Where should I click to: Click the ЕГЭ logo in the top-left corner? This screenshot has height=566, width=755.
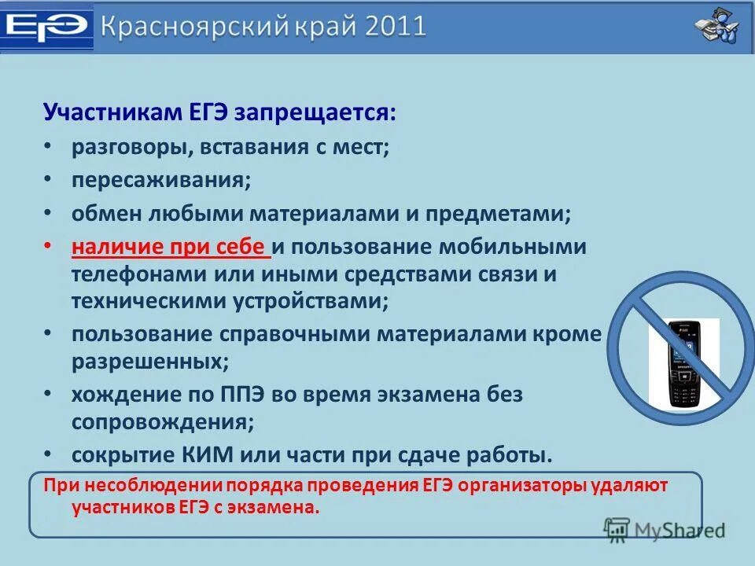click(46, 27)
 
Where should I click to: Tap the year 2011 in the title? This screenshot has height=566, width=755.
click(396, 26)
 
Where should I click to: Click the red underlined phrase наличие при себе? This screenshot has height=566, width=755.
click(169, 247)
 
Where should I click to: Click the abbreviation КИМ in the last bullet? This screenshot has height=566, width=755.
click(217, 455)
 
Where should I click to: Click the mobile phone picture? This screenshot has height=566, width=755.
click(683, 362)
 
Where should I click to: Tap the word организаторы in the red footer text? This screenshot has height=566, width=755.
click(510, 485)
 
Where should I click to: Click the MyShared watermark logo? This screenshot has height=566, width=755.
click(665, 529)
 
